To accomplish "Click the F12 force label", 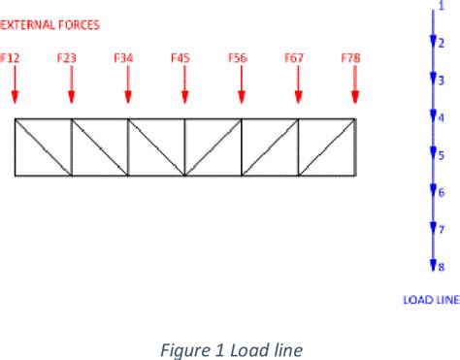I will [10, 58].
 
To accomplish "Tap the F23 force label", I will [67, 58].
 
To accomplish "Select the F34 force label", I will [123, 58].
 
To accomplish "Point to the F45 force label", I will [181, 58].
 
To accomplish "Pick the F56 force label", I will [238, 58].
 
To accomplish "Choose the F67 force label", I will [294, 58].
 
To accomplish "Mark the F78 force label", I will [351, 58].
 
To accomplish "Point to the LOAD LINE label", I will [430, 300].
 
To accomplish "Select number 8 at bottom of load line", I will [441, 266].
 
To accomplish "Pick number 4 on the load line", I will [441, 116].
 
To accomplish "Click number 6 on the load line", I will [441, 191].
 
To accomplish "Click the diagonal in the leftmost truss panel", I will [43, 147].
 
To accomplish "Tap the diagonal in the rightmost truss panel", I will [327, 147].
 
